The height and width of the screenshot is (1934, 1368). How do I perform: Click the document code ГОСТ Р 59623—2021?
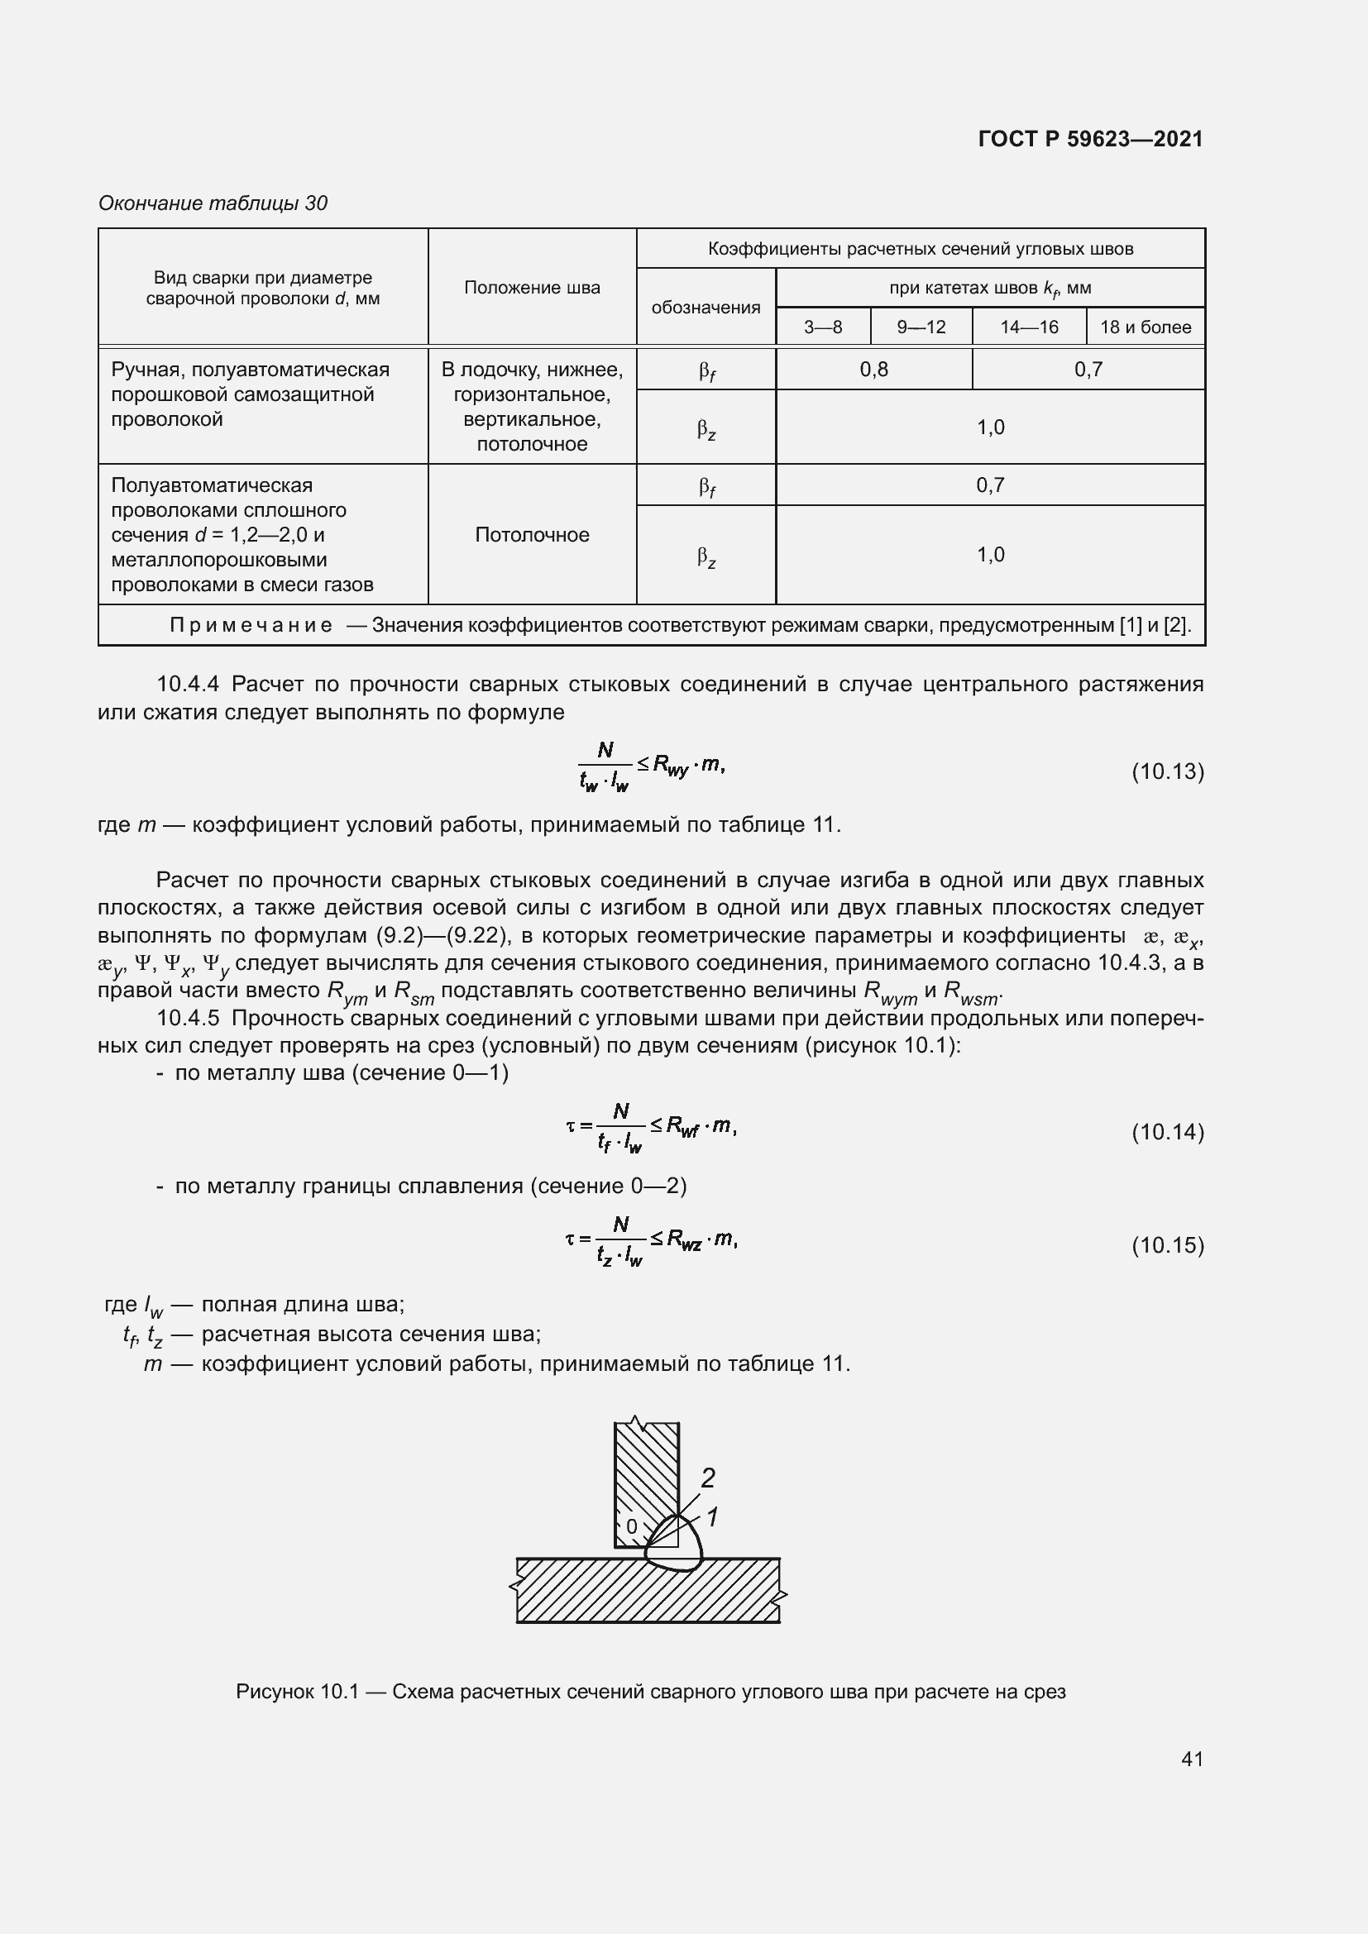coord(1090,139)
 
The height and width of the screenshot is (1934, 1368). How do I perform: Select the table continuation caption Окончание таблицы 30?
coord(213,203)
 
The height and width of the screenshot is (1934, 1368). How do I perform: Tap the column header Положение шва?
coord(532,288)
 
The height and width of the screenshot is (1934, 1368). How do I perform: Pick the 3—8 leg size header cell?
coord(822,327)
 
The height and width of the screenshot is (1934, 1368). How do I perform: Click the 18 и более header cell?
coord(1145,327)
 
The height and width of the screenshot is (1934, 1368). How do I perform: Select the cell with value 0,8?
coord(873,369)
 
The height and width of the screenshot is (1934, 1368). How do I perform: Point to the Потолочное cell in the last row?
coord(532,535)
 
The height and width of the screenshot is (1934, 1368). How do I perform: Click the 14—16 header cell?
coord(1029,327)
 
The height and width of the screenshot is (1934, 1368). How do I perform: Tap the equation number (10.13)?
coord(1167,771)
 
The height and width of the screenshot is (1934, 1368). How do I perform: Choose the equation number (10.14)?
coord(1167,1131)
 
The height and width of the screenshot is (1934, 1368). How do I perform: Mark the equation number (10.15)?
coord(1167,1244)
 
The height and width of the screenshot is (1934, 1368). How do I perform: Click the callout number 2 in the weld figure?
coord(708,1478)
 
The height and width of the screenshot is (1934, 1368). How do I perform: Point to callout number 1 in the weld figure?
coord(712,1517)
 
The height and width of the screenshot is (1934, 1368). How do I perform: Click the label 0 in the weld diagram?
coord(632,1526)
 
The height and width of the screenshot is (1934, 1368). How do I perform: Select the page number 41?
coord(1191,1758)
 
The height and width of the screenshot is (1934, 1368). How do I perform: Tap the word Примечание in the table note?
coord(250,625)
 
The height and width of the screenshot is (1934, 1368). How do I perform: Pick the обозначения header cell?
coord(705,308)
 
